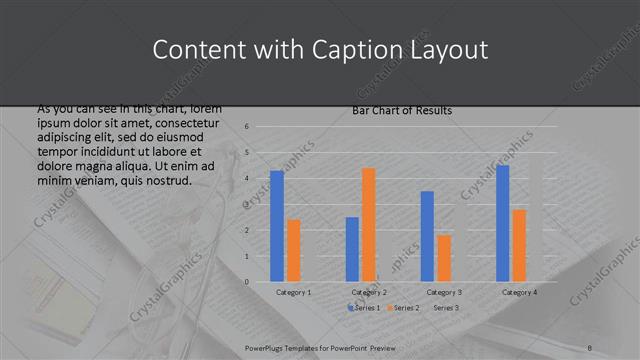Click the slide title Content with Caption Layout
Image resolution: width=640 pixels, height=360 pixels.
(320, 50)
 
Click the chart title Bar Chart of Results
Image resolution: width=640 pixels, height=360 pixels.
(401, 110)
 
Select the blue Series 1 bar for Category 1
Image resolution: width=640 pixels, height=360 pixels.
(277, 226)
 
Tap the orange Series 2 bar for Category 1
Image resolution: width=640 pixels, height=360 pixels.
(293, 250)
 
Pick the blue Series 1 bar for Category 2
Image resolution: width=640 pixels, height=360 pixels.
(352, 249)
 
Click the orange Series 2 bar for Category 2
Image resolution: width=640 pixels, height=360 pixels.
(368, 225)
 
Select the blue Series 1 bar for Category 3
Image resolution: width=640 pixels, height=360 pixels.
(427, 236)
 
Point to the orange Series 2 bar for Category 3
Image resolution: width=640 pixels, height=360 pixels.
(443, 258)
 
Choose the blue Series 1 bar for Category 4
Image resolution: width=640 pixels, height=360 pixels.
(502, 223)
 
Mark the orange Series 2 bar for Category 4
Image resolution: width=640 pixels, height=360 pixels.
(518, 245)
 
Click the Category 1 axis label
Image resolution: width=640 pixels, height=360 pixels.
(293, 292)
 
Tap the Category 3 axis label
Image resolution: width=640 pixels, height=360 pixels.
(444, 292)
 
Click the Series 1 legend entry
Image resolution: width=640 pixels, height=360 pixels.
(365, 308)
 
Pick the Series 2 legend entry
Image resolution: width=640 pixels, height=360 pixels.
(403, 308)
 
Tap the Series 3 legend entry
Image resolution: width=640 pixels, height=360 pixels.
(446, 308)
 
